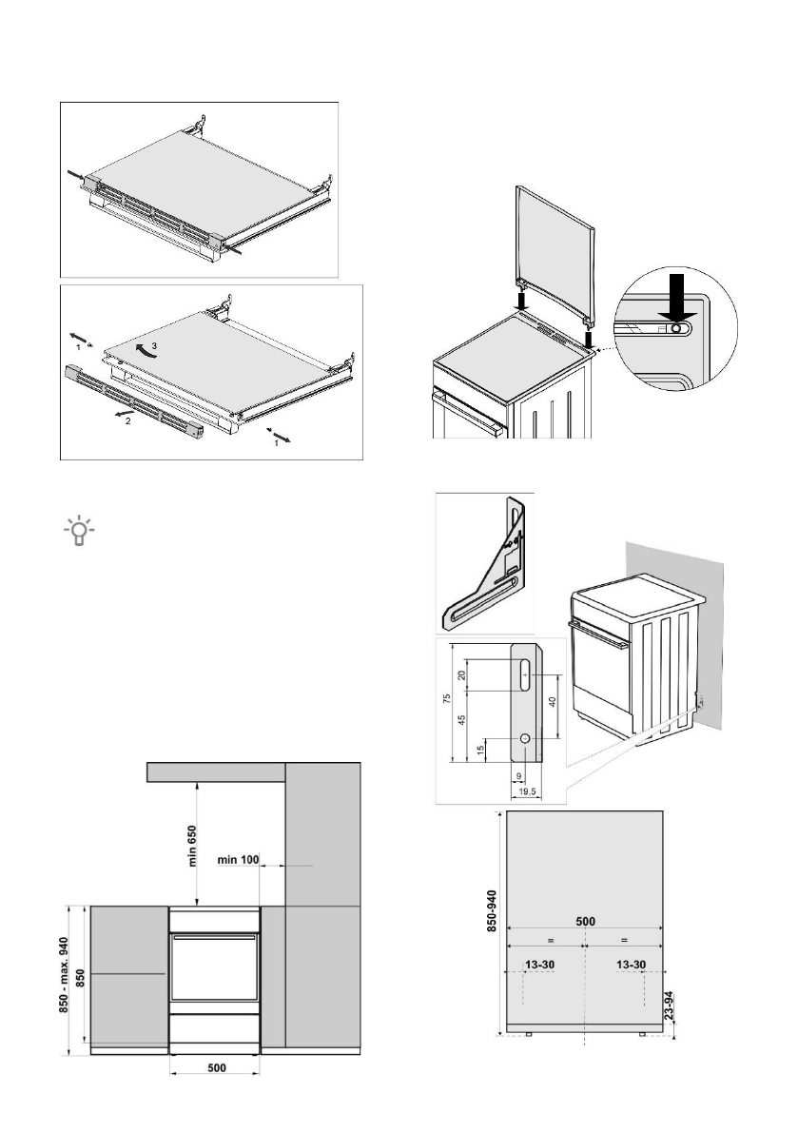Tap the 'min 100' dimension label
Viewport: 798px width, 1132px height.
click(238, 860)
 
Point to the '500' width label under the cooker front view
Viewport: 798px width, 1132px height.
click(216, 1067)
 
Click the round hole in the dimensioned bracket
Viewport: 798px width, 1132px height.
click(524, 738)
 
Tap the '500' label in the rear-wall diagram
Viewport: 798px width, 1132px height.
click(585, 920)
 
